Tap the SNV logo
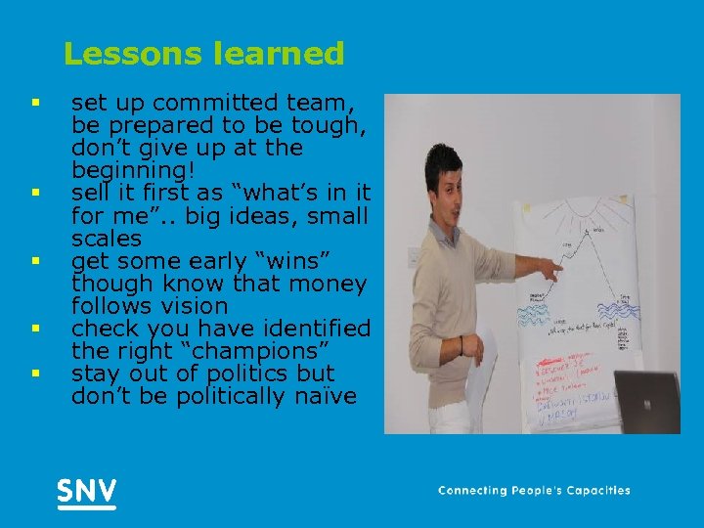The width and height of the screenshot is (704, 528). pyautogui.click(x=86, y=491)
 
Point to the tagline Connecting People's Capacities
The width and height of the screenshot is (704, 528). pyautogui.click(x=534, y=491)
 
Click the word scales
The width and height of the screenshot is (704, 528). pyautogui.click(x=106, y=239)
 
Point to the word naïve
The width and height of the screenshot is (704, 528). pyautogui.click(x=319, y=396)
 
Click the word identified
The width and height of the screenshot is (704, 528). pyautogui.click(x=319, y=329)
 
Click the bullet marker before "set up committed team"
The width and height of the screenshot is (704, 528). pyautogui.click(x=34, y=102)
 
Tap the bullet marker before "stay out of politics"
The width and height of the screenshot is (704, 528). pyautogui.click(x=34, y=373)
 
